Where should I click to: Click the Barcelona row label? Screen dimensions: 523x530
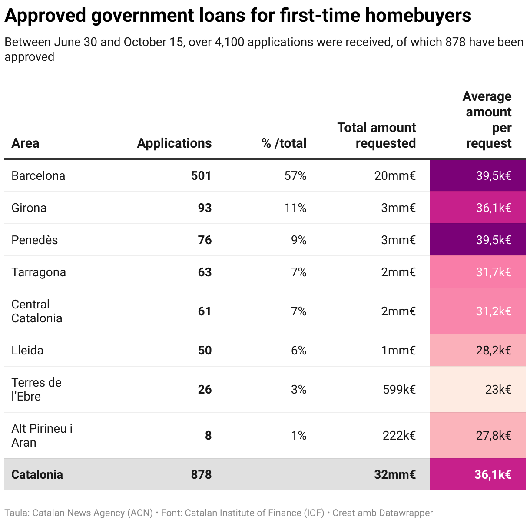[x=38, y=175]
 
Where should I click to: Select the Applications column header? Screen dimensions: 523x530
[x=174, y=143]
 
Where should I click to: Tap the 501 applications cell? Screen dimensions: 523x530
[x=201, y=175]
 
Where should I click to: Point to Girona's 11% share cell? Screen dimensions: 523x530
[x=295, y=208]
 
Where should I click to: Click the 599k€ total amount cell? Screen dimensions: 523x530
[x=399, y=389]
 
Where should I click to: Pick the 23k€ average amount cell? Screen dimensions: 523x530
[x=498, y=389]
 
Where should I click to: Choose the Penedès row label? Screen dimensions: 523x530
[x=34, y=240]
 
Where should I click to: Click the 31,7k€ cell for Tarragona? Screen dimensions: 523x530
[x=494, y=272]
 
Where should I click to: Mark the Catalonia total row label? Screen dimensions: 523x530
[x=37, y=474]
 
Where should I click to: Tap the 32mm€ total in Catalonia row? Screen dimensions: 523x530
[x=394, y=474]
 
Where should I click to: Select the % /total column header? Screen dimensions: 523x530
[x=284, y=143]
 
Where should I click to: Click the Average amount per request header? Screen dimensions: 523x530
[x=487, y=119]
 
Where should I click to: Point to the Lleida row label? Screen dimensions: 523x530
[x=27, y=350]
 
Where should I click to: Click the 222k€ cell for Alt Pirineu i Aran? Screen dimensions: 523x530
[x=399, y=435]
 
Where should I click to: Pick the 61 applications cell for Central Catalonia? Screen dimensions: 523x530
[x=205, y=311]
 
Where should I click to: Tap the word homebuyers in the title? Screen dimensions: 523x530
[x=418, y=16]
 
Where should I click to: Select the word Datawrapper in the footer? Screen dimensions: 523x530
[x=406, y=513]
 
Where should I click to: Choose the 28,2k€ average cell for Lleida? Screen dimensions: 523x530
[x=494, y=350]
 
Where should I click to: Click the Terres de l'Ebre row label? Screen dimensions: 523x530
[x=36, y=389]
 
